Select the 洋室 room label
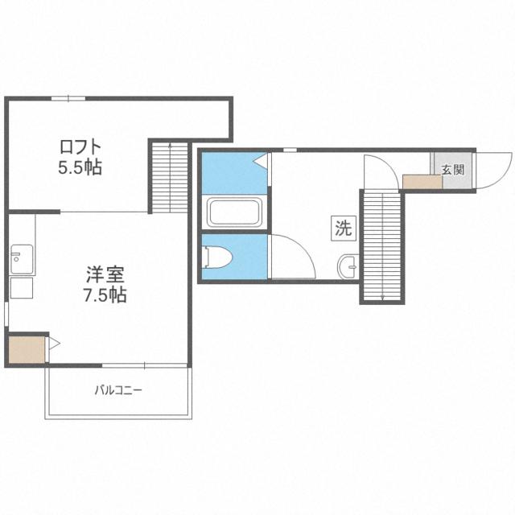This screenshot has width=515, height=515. click(x=105, y=274)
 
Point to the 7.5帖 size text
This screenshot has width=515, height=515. click(x=105, y=295)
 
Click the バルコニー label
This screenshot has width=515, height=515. click(x=118, y=391)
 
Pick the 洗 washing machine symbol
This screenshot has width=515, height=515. click(x=343, y=228)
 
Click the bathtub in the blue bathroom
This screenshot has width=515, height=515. click(x=233, y=212)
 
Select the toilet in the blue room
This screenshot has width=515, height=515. click(x=218, y=257)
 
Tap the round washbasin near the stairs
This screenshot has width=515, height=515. click(x=348, y=265)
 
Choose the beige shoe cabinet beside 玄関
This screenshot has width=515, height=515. click(x=422, y=181)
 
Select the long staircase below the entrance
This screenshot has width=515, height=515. click(x=381, y=245)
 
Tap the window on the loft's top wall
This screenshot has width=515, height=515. click(x=68, y=98)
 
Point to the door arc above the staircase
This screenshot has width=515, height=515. click(x=377, y=171)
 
